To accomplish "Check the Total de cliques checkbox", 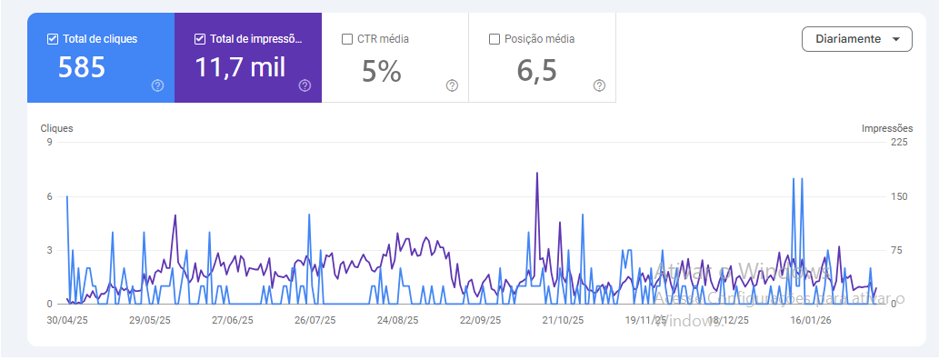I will point(53,39).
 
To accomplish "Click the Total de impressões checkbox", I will point(200,39).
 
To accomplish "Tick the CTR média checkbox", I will point(347,39).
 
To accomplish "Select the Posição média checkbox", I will point(494,39).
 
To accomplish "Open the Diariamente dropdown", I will point(856,39).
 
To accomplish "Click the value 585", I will point(82,69).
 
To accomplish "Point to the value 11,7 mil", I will point(240,69).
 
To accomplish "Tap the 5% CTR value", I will point(381,71).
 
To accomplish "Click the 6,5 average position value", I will point(537,71).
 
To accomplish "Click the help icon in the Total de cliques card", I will point(157,85).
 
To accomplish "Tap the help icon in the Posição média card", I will point(599,85).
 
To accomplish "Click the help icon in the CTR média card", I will point(452,85).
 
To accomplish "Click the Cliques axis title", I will point(56,128).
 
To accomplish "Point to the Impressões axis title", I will point(886,128).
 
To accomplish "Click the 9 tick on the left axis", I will point(50,142).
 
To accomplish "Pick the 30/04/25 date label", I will point(66,320).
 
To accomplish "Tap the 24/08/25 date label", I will point(397,320).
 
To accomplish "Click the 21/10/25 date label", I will point(563,320).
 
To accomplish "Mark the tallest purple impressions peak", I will point(537,173).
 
